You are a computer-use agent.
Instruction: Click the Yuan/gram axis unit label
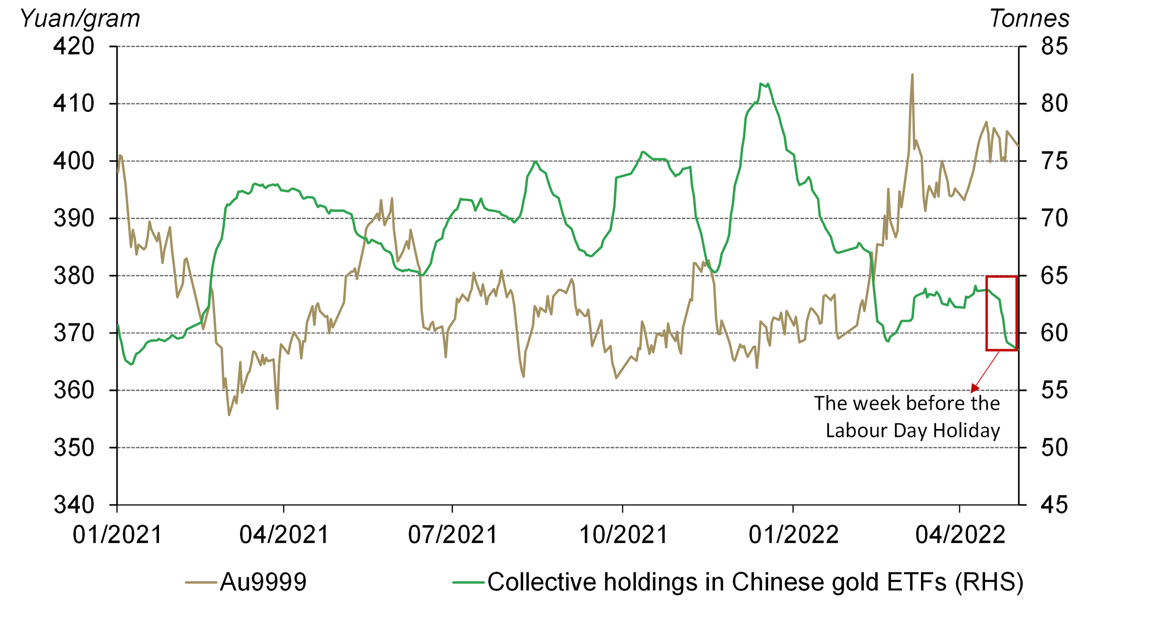[x=80, y=19]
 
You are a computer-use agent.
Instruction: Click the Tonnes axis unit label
[x=1029, y=19]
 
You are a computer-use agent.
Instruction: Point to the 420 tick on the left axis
[x=73, y=46]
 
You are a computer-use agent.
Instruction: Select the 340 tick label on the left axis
[x=73, y=505]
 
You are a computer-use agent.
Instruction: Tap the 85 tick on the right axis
[x=1054, y=46]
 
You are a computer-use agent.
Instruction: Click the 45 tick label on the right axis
[x=1054, y=505]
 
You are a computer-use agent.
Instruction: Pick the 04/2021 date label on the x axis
[x=284, y=535]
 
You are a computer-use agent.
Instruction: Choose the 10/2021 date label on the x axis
[x=623, y=535]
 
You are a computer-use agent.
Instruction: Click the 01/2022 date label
[x=793, y=535]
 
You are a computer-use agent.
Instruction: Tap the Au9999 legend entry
[x=263, y=582]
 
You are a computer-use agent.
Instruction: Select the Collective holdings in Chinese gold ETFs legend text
[x=755, y=582]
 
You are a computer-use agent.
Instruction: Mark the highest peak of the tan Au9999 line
[x=912, y=75]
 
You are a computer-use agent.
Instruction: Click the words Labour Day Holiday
[x=912, y=430]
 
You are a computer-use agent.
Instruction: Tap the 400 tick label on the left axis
[x=73, y=161]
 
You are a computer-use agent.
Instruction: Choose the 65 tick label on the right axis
[x=1054, y=275]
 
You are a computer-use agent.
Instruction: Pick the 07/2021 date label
[x=452, y=535]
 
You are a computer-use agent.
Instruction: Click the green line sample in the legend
[x=468, y=582]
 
